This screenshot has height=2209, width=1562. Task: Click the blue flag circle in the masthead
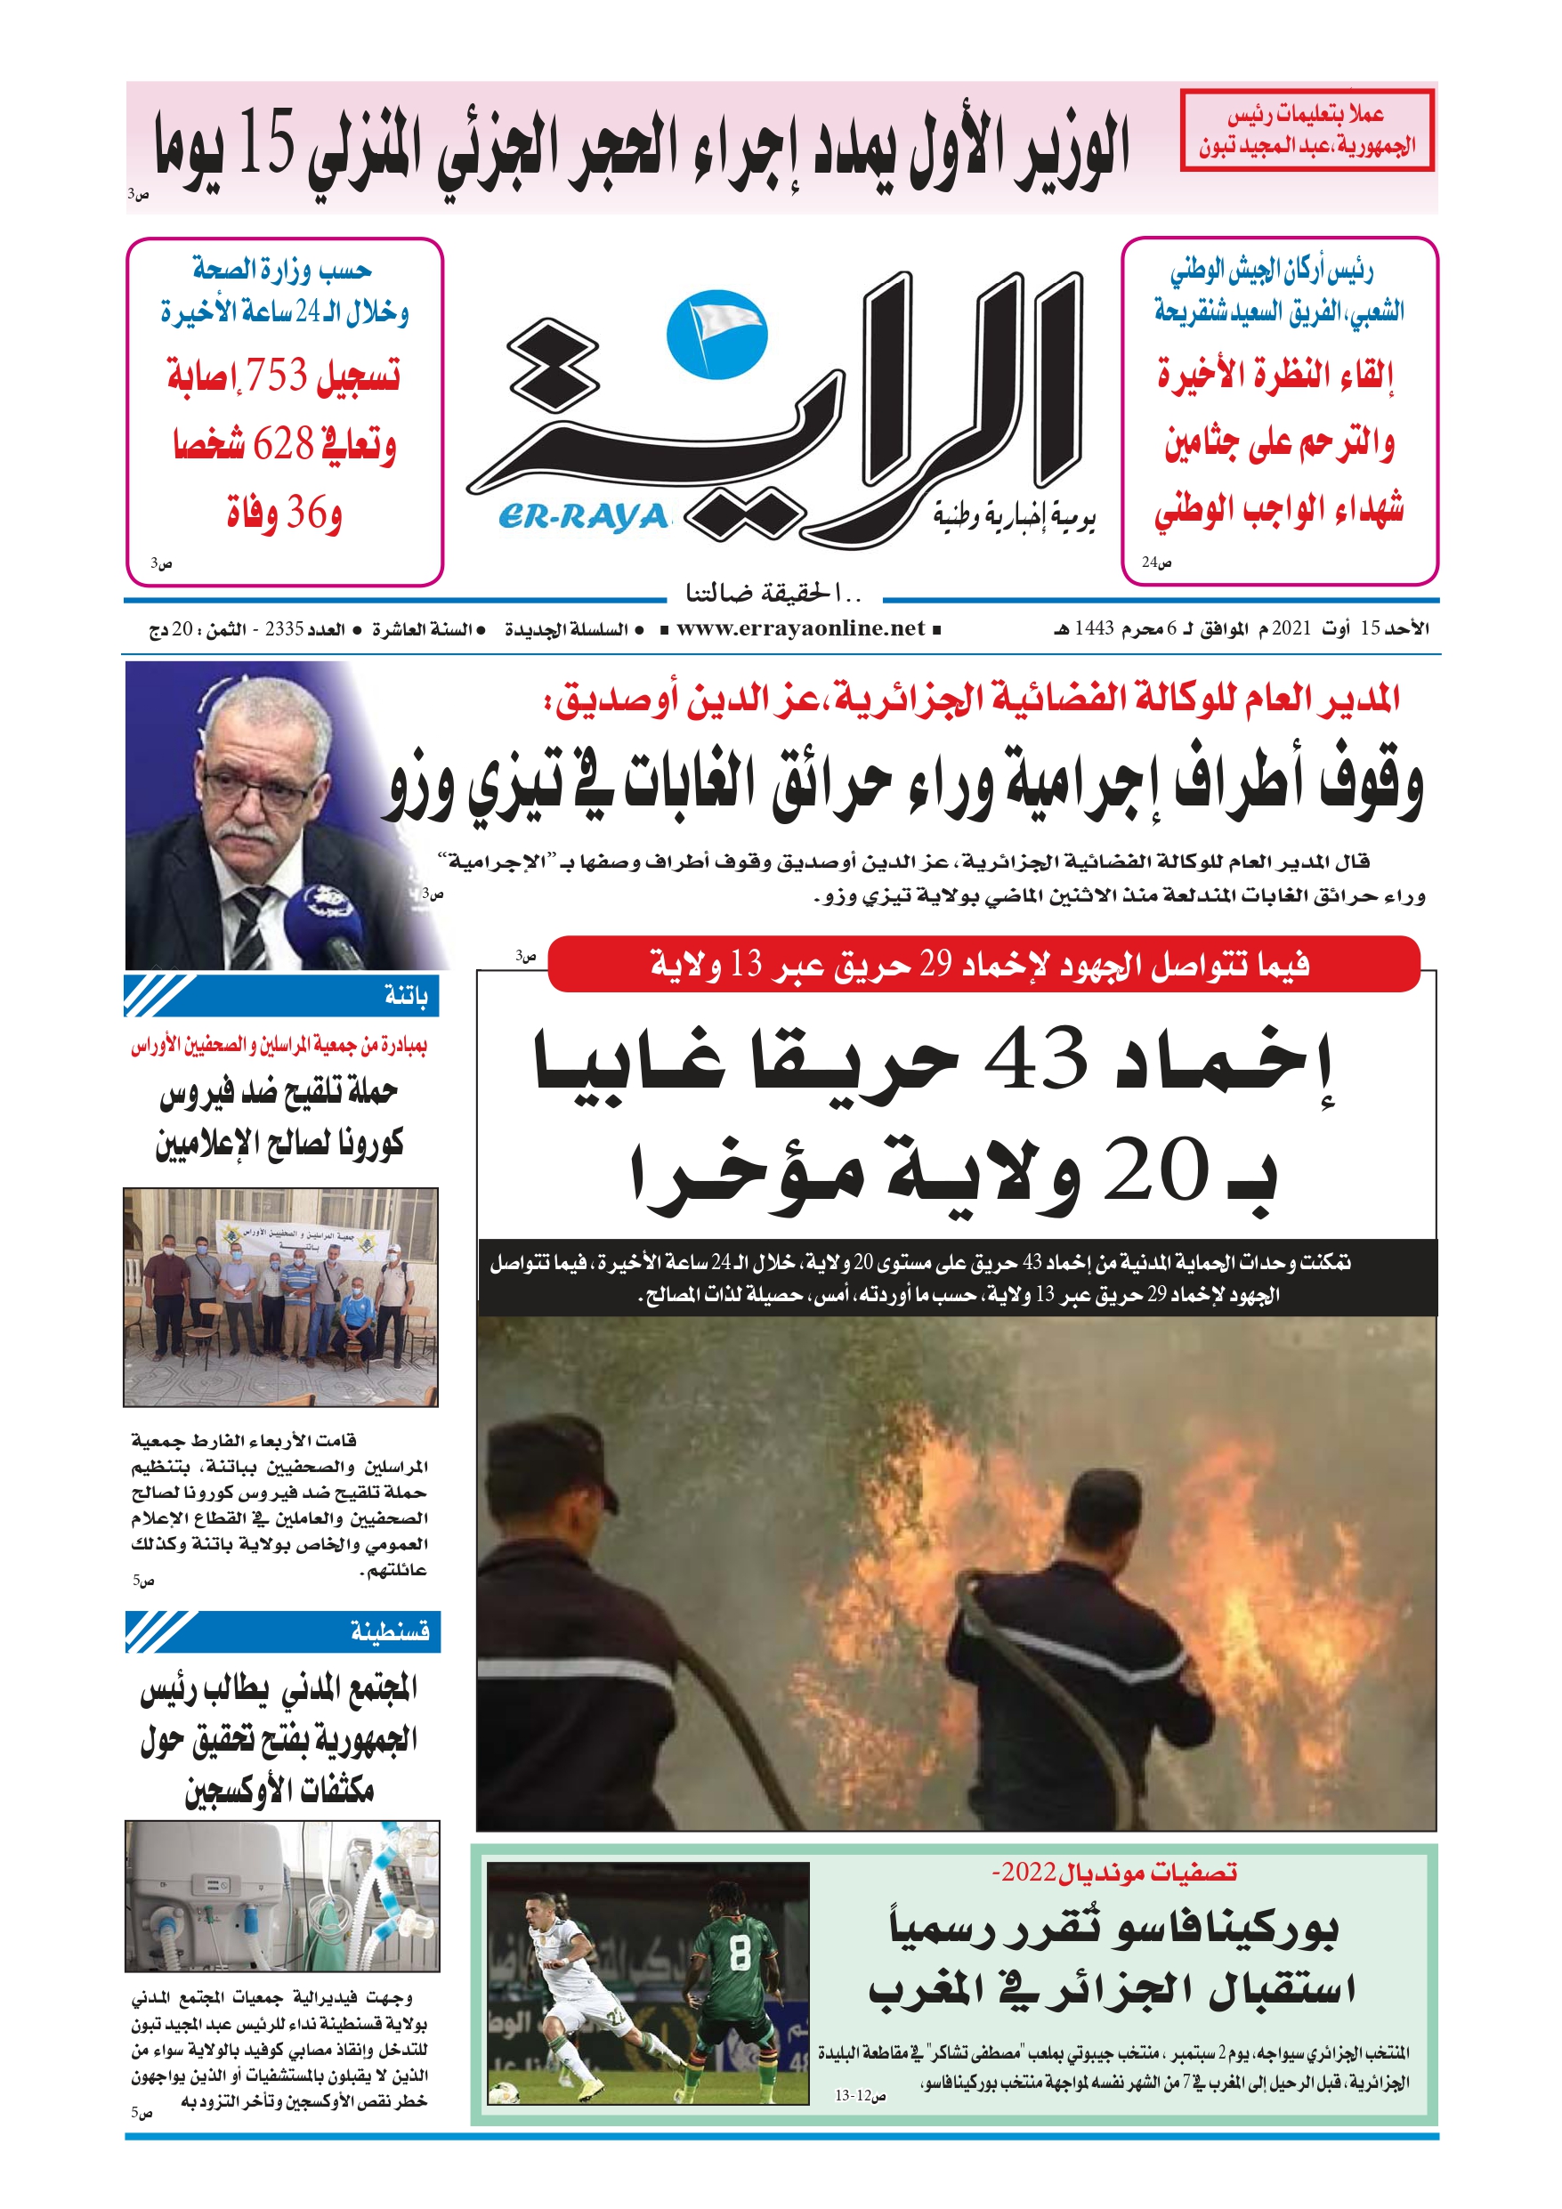point(716,335)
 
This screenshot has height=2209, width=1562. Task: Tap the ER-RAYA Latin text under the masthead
point(583,518)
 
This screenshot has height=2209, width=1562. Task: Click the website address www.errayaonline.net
point(800,629)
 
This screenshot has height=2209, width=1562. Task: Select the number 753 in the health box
point(276,375)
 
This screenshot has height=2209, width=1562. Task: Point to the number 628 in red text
point(283,443)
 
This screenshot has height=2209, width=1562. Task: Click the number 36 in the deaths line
point(307,512)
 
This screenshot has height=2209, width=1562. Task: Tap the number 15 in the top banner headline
point(265,145)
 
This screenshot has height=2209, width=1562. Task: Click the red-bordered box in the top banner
point(1306,131)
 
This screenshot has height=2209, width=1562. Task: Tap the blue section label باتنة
point(405,996)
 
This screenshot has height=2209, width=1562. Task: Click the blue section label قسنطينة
point(390,1631)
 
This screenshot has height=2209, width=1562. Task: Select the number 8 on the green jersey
point(738,1972)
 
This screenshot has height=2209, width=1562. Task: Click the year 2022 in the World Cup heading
point(1027,1873)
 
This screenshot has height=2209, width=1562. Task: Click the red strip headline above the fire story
point(982,963)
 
